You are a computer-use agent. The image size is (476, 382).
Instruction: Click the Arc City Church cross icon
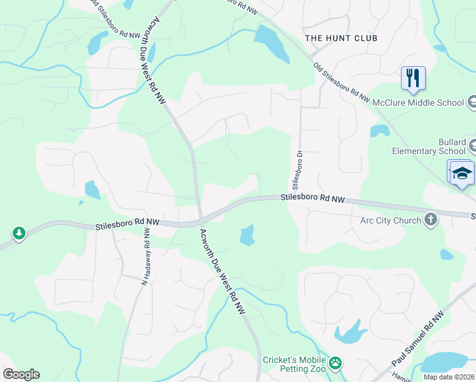431,220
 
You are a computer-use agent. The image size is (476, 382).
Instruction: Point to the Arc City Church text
391,221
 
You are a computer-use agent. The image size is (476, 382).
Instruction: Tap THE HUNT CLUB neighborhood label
341,38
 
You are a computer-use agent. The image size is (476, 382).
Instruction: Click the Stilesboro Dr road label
295,169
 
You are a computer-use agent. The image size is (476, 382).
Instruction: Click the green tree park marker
19,233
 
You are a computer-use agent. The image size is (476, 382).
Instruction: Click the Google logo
21,374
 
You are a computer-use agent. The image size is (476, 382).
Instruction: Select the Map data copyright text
449,377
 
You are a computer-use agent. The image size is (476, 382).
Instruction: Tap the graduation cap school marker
462,174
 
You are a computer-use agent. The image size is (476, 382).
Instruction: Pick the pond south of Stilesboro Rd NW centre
247,236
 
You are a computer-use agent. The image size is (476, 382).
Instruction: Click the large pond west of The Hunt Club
272,43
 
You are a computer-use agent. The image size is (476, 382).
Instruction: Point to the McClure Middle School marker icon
472,102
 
